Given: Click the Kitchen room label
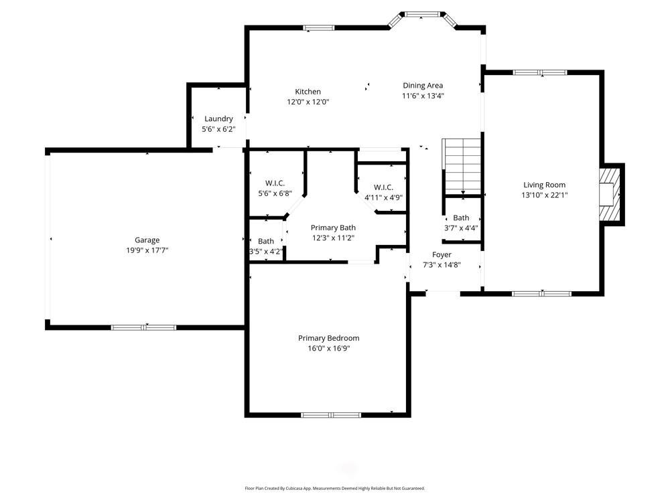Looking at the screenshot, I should (x=308, y=92).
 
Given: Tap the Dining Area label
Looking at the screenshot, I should (x=422, y=85).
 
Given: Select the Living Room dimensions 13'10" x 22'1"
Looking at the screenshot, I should (x=544, y=195).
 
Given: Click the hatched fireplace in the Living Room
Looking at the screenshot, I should (x=610, y=193).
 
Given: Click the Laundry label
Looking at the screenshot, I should (x=218, y=118).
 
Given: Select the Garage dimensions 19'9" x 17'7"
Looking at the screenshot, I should (x=147, y=250).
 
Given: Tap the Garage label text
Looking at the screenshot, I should (x=147, y=240).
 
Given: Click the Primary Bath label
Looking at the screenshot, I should (x=333, y=228).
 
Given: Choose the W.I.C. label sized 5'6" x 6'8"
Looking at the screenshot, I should (x=275, y=183).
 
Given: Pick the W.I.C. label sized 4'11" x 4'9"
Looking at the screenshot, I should (x=383, y=187).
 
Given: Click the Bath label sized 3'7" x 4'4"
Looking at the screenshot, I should (x=461, y=218).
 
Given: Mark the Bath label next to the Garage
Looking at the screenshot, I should (x=266, y=241).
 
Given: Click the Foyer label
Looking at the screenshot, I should (x=442, y=254).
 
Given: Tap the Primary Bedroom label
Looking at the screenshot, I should (x=328, y=338).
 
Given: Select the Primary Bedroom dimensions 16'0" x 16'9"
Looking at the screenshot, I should (x=328, y=348).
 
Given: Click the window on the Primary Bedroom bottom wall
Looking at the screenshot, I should (x=331, y=415).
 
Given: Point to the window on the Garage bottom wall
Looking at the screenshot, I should (x=143, y=327).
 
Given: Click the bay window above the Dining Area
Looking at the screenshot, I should (x=423, y=13).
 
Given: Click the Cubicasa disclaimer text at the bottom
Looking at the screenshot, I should (x=334, y=489).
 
